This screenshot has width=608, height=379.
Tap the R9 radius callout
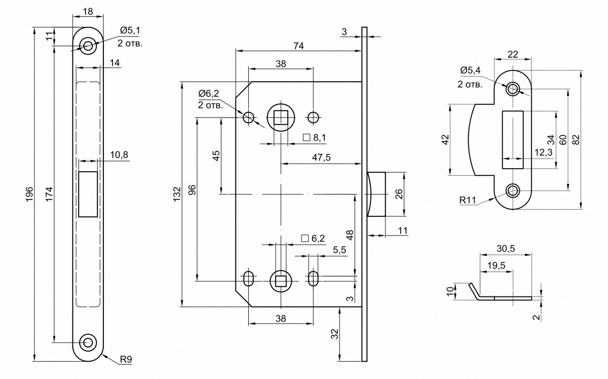(127, 360)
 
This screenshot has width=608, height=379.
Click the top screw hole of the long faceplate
(88, 46)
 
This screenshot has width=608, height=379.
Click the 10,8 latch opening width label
(118, 155)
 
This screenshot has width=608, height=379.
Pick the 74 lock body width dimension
(298, 46)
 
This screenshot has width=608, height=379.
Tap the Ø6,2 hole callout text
(209, 94)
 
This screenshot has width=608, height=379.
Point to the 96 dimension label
(192, 190)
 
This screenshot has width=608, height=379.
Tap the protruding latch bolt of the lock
(376, 194)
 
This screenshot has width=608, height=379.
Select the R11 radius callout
(469, 200)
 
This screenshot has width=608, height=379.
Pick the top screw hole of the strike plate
(513, 89)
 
